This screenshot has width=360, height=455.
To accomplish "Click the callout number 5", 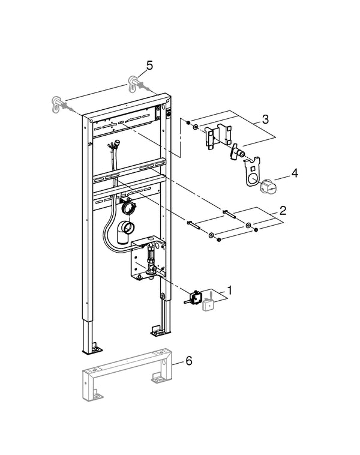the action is pos(149,65).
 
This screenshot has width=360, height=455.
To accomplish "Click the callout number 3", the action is pos(265,119).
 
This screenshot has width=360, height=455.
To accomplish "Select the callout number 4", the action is pos(295,173).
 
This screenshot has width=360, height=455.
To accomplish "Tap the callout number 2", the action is pos(283,210).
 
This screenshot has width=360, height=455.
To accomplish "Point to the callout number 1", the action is pos(230,290).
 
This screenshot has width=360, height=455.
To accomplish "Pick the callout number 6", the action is pos(189,361).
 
